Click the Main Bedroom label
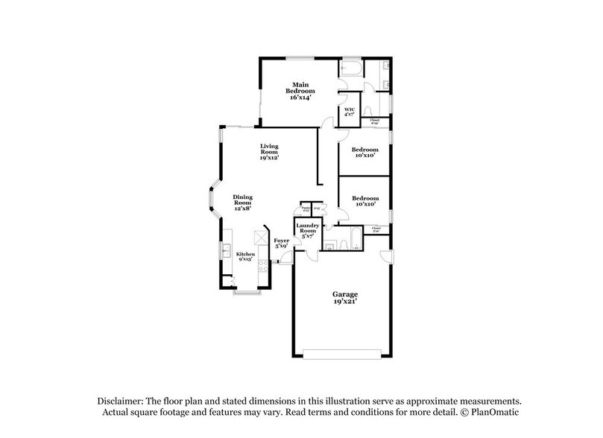point(300,90)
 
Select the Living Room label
point(269,151)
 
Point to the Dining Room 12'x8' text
point(243,201)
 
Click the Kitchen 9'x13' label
point(246,256)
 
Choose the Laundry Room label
point(307,230)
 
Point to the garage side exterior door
point(385,257)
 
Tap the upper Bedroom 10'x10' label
point(365,151)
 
